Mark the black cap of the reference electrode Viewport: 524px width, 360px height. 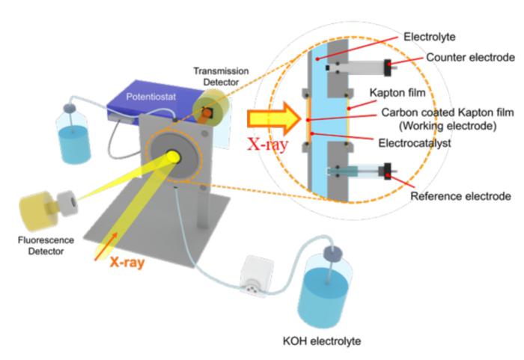click(387, 174)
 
